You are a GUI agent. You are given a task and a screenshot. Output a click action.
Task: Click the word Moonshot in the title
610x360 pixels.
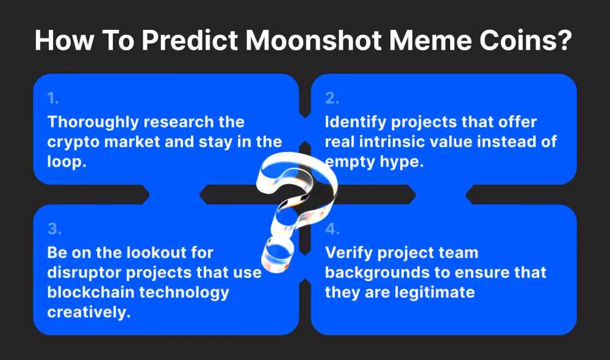coord(314,40)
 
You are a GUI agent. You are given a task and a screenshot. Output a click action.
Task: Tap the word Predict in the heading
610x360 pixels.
coord(190,40)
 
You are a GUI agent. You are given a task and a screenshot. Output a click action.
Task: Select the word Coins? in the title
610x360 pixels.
coord(526,40)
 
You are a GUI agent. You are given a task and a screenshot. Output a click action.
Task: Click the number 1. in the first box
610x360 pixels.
coord(53,98)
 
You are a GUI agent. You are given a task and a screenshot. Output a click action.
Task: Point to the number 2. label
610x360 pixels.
coord(332,98)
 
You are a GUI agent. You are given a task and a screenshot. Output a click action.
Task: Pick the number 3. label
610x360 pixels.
coord(54,229)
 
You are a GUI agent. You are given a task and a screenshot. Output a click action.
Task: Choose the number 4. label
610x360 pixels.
coord(332,229)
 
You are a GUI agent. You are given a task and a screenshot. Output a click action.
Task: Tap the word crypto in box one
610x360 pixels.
coord(73,143)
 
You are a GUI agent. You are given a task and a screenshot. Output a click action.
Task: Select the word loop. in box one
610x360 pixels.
coord(66,162)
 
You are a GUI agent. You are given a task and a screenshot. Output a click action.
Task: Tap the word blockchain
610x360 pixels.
coord(91,292)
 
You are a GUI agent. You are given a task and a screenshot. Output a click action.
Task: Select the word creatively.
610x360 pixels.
coord(88,312)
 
